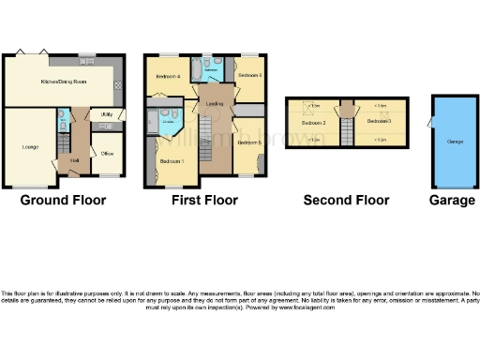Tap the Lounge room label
coord(30,147)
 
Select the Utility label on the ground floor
coord(107,114)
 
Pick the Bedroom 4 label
coord(167,75)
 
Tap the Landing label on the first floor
coord(213,104)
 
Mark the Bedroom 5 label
coord(248,142)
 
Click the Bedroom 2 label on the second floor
coord(313,123)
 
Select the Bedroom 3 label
coord(378,123)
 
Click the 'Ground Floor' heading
coord(63,200)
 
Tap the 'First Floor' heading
coord(204,200)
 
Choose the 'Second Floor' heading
coord(346,200)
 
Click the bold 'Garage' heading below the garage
coord(452,200)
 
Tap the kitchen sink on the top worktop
coord(86,64)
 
